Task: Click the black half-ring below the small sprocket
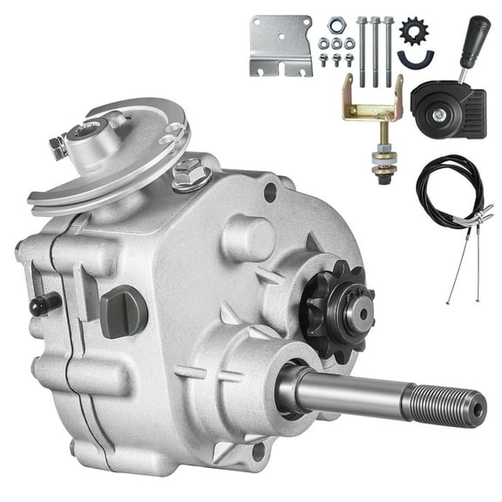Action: (x=416, y=58)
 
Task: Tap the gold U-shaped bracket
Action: (x=373, y=101)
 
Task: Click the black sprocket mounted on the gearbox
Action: (x=336, y=307)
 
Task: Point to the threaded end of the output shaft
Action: (x=453, y=404)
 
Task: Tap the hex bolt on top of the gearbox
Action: (x=186, y=174)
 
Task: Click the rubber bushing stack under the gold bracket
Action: (x=381, y=160)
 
